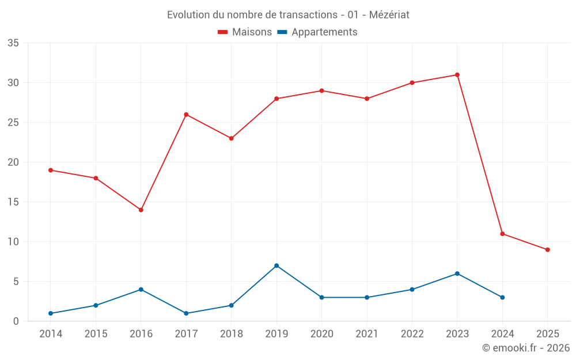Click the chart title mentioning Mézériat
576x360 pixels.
[288, 15]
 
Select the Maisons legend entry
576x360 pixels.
[245, 32]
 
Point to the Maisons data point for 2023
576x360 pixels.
[457, 75]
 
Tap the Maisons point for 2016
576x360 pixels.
[141, 210]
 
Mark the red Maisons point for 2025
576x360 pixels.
[548, 249]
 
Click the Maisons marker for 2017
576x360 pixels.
[186, 115]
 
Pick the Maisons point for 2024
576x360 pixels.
[502, 234]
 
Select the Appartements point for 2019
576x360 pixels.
[276, 266]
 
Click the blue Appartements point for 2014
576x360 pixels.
[51, 313]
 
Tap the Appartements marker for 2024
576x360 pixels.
[502, 297]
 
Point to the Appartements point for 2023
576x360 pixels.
[457, 274]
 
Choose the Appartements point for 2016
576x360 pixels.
[141, 290]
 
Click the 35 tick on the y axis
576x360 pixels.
[13, 43]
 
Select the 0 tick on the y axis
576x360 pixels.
[16, 321]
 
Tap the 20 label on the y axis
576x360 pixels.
[13, 162]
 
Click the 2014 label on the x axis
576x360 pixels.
[51, 334]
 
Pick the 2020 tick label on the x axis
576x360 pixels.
[321, 334]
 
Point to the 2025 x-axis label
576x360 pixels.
[548, 334]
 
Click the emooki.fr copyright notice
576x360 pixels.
[526, 348]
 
